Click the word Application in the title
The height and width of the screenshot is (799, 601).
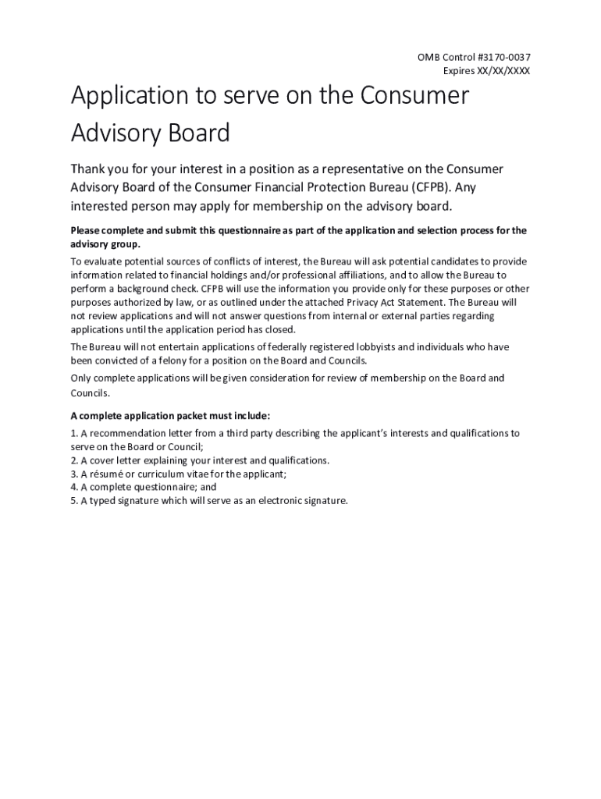pyautogui.click(x=129, y=97)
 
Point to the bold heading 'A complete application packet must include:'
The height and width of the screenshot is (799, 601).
pyautogui.click(x=170, y=416)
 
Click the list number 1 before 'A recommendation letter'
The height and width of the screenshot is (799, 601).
pyautogui.click(x=73, y=433)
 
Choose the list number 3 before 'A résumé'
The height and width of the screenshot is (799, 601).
pyautogui.click(x=73, y=474)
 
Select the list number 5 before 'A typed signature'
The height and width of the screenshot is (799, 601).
pyautogui.click(x=73, y=501)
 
